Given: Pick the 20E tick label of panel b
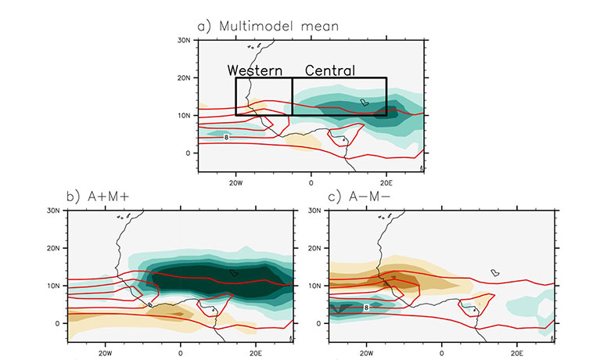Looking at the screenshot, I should (257, 349).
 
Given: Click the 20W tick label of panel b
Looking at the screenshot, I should (106, 349).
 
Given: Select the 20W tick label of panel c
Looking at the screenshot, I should (366, 349).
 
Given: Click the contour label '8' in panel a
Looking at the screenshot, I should (226, 137).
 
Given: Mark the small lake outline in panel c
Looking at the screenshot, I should (494, 272).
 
